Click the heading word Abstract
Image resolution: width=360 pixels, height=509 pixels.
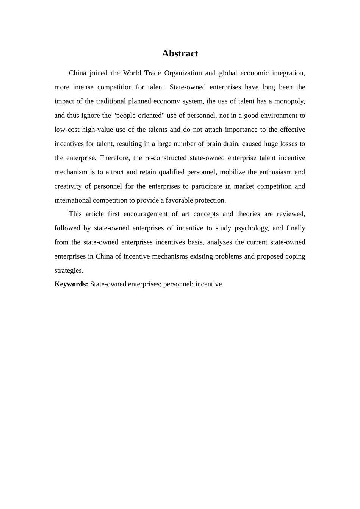click(180, 53)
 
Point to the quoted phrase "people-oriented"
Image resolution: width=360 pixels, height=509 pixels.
click(138, 116)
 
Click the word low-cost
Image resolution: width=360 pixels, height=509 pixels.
click(66, 130)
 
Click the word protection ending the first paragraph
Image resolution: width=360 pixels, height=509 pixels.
click(211, 200)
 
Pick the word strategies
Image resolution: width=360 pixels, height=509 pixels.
click(69, 270)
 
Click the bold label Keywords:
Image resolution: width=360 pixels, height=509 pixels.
click(71, 284)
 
